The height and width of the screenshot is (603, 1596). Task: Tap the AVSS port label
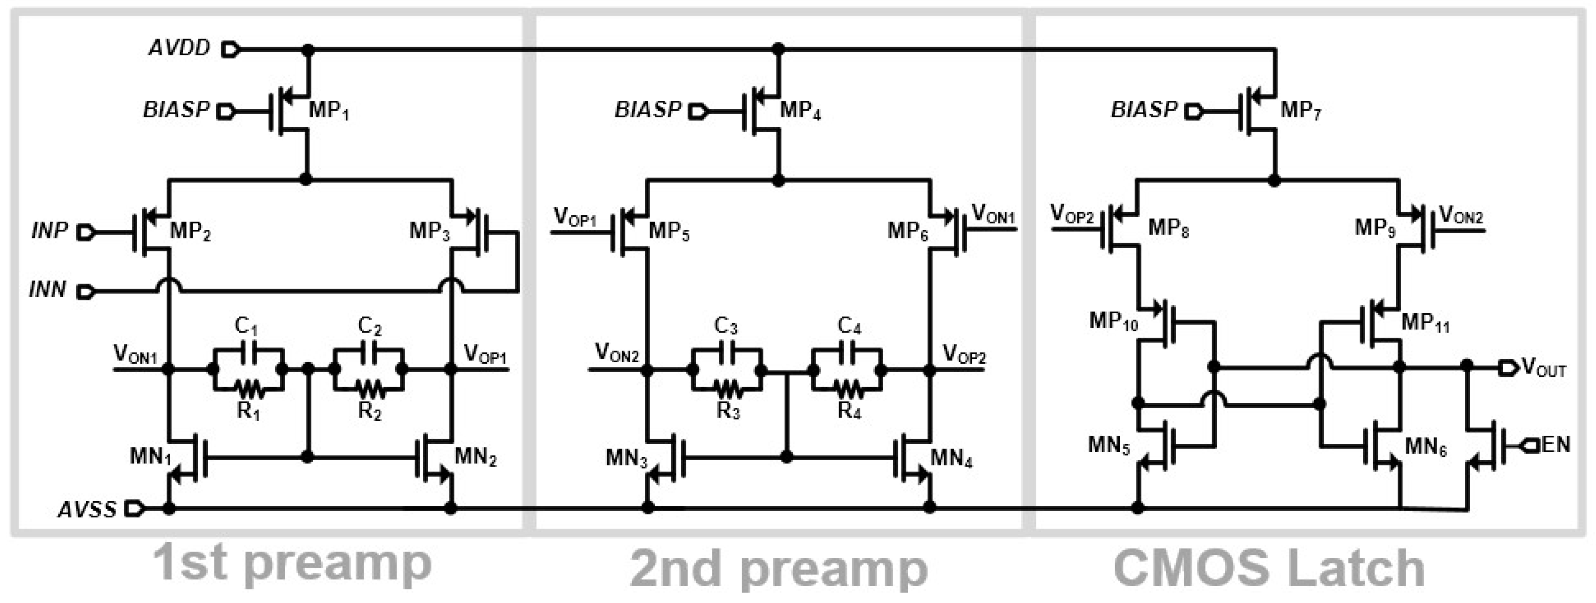[87, 509]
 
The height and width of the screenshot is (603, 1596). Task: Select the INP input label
[49, 231]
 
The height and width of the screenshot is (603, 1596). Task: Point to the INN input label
[48, 289]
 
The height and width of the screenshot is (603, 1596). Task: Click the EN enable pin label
[1555, 444]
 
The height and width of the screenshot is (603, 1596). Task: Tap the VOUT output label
[1543, 369]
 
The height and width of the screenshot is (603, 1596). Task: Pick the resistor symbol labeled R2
[369, 390]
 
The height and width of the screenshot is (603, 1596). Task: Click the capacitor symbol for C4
[849, 354]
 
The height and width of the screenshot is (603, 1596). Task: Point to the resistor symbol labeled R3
[727, 390]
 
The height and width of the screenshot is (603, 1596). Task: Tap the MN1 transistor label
[150, 457]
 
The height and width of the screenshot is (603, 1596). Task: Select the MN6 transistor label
[1425, 446]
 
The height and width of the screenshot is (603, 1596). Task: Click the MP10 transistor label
[1113, 321]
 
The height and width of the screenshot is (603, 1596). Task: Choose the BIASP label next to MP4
[647, 110]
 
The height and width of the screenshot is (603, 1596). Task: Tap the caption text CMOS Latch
[1269, 567]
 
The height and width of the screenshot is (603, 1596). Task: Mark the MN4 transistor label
[951, 458]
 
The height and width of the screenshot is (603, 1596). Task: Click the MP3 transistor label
[429, 231]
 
